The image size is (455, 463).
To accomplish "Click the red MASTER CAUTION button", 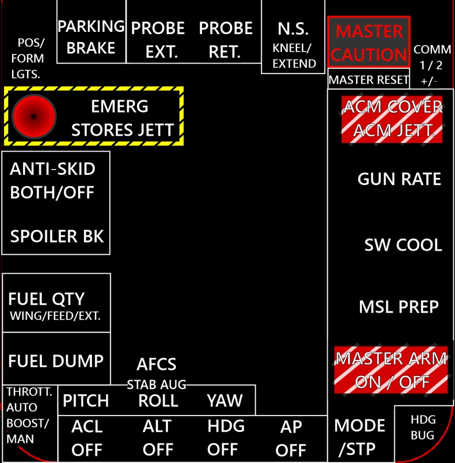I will pos(369,42).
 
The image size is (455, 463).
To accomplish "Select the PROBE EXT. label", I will pos(157,39).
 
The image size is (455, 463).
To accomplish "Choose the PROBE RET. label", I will pos(226,39).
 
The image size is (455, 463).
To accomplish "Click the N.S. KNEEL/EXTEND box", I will pos(293,45).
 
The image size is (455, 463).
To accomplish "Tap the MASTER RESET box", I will pos(369,80).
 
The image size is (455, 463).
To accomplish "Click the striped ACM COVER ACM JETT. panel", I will pos(392,119).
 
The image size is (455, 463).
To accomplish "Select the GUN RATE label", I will pos(399,179).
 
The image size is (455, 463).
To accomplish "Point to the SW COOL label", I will pos(403,245).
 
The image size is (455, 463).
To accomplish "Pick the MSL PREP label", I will pos(399,307).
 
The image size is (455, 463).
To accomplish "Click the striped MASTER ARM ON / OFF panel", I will pos(391,370).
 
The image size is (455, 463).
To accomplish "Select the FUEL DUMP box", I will pos(56,361).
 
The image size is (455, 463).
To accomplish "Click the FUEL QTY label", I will pos(46,299).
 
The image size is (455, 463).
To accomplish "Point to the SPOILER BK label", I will pos(57,236).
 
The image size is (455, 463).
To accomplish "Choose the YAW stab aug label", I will pos(225,400).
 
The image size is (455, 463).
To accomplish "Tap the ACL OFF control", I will pos(87,438).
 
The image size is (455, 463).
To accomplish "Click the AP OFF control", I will pos(291,438).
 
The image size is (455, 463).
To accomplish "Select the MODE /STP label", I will pos(359,436).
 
